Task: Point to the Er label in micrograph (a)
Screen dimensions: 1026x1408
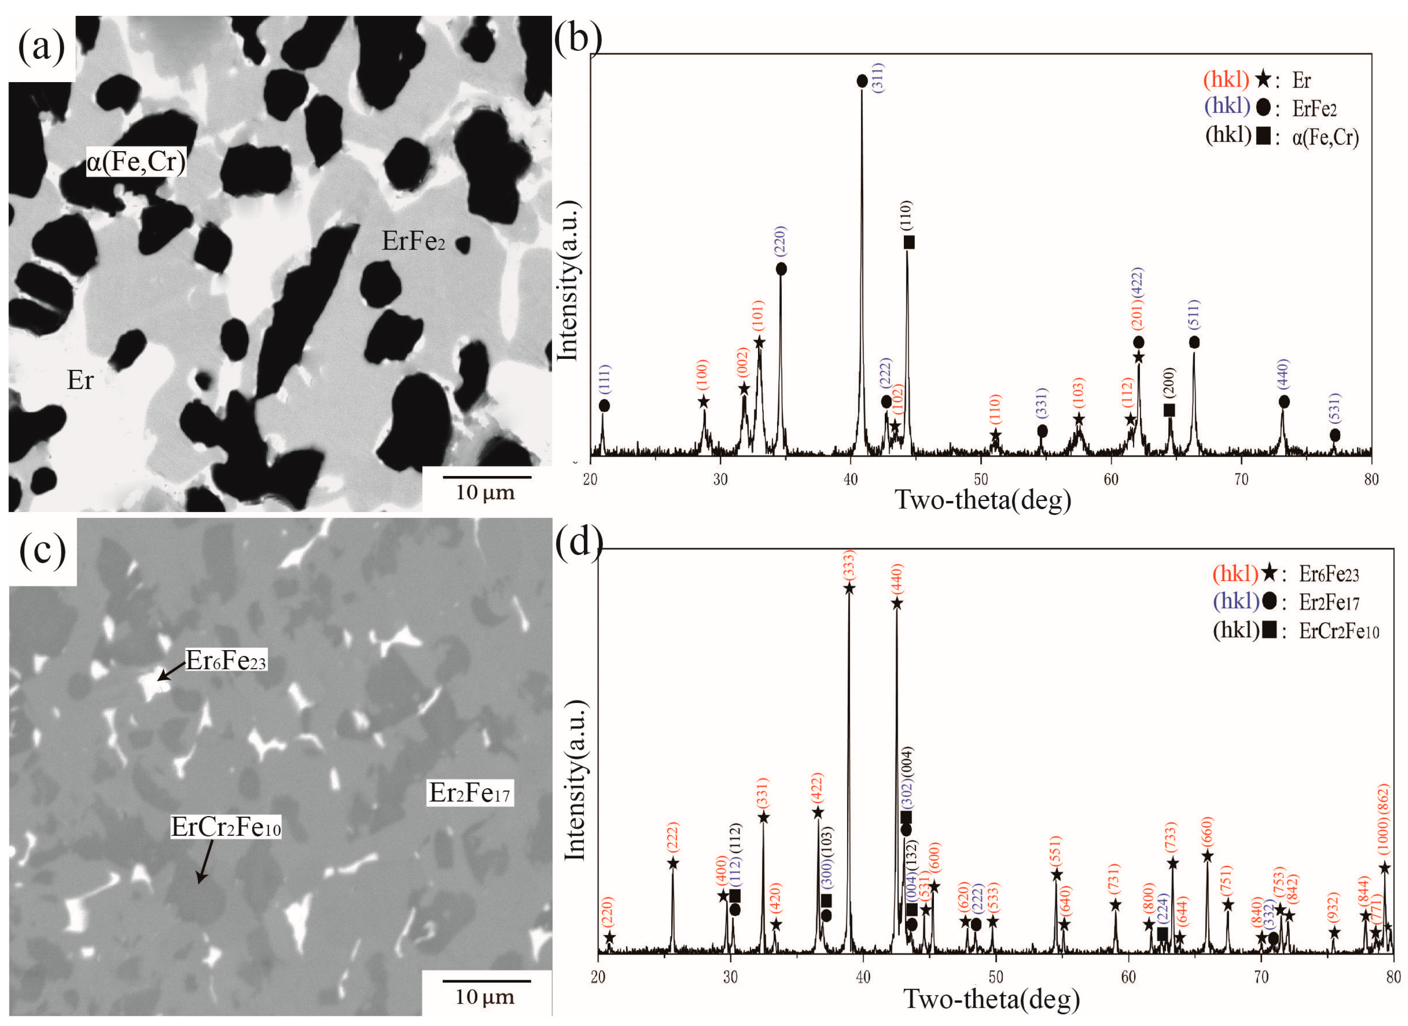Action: (80, 380)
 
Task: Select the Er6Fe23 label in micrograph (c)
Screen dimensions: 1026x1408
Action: (226, 661)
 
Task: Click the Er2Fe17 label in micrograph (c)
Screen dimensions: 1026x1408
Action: (469, 793)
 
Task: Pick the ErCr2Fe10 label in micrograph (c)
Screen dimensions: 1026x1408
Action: (226, 826)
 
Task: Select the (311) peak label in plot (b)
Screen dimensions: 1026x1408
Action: (878, 77)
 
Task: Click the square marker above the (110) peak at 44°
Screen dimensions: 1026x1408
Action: (909, 242)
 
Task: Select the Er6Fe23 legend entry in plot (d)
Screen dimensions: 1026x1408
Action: (1328, 574)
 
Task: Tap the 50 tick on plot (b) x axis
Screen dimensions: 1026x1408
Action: (980, 479)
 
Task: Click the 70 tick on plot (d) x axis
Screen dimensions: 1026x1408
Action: (1261, 977)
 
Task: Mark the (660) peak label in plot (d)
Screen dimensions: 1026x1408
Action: (1207, 833)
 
